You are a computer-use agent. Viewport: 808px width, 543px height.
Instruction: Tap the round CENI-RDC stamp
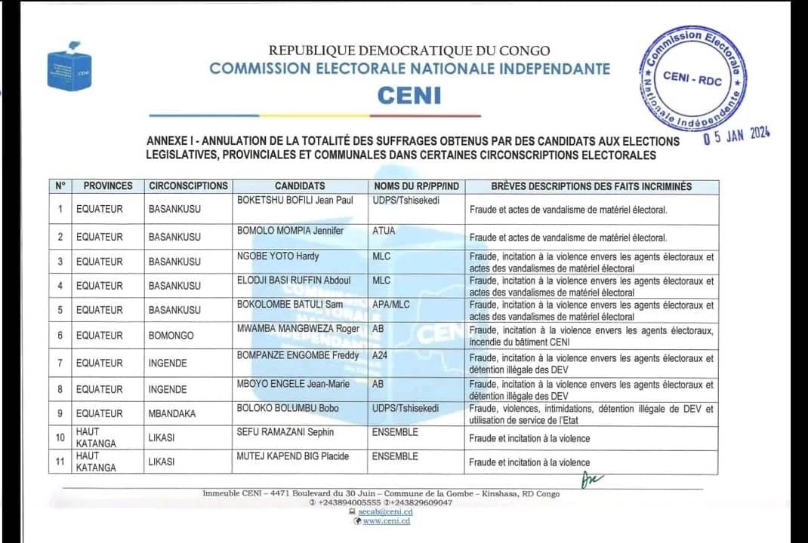tap(692, 76)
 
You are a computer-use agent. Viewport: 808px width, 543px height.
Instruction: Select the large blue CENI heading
tap(409, 96)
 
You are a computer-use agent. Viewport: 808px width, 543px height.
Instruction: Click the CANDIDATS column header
tap(300, 186)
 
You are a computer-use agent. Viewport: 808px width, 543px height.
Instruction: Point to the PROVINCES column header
tap(108, 186)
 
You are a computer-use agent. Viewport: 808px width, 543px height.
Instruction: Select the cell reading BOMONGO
tap(171, 336)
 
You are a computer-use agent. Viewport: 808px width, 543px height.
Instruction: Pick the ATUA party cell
tap(384, 231)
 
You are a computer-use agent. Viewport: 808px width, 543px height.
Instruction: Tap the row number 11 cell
tap(60, 461)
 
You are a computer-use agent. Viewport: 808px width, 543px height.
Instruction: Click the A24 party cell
tap(381, 355)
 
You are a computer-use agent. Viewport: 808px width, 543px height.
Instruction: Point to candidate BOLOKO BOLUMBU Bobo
tap(288, 408)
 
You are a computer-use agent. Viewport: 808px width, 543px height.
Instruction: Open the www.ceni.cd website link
tap(386, 521)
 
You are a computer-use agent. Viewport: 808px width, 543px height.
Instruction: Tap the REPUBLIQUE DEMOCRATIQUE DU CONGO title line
tap(409, 51)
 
